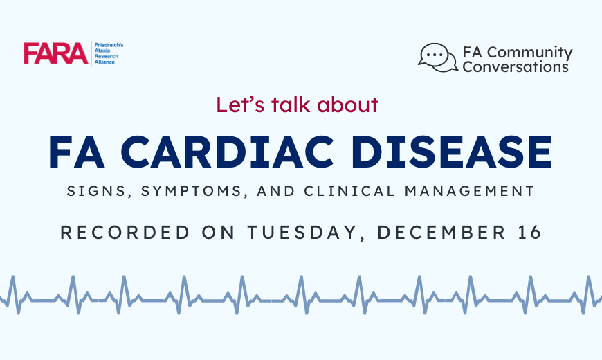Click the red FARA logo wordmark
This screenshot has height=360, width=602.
pos(55,53)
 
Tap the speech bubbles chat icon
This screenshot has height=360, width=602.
pos(438,57)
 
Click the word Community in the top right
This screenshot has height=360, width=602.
pos(530,52)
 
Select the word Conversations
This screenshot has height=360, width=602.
pos(516,67)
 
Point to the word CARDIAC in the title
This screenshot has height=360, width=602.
pos(229,152)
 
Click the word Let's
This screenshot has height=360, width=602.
pos(240,105)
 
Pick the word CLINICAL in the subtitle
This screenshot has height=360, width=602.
pos(349,191)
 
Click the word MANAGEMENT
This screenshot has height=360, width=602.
pos(470,191)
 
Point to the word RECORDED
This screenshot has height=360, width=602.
pos(125,233)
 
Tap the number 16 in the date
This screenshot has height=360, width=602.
pos(530,233)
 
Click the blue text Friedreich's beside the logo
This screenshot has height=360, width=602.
pos(109,45)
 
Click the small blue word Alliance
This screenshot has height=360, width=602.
pos(104,62)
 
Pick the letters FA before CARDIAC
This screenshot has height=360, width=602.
pos(77,152)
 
